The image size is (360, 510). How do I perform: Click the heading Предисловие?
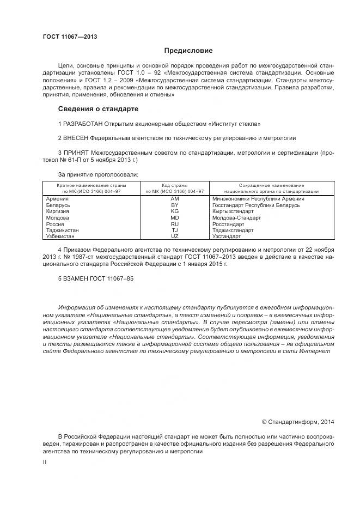click(x=188, y=51)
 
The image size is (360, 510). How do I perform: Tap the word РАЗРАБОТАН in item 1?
click(x=82, y=124)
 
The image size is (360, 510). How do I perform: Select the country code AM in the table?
click(x=175, y=199)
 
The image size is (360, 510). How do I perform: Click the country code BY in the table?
click(x=175, y=205)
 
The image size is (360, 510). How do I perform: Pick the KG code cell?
click(x=175, y=211)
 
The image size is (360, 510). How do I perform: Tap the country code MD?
click(x=175, y=218)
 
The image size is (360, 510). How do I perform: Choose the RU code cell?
click(x=175, y=224)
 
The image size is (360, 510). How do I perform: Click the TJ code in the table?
click(x=175, y=230)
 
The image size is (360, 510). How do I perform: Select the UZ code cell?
click(x=175, y=236)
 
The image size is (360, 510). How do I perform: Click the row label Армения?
click(x=58, y=199)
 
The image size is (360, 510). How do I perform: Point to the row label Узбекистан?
click(x=62, y=236)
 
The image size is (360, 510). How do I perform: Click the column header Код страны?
click(x=174, y=186)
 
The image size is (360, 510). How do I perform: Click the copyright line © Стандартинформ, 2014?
click(x=298, y=422)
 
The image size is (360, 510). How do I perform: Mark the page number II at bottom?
click(x=45, y=462)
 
